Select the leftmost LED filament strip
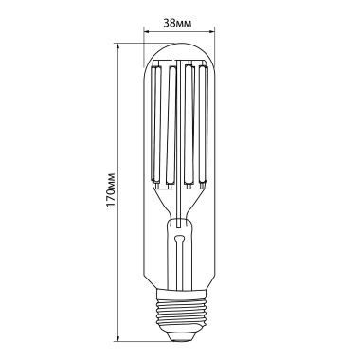coord(158,123)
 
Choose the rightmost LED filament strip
coord(201,123)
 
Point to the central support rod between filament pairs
coord(179,142)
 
